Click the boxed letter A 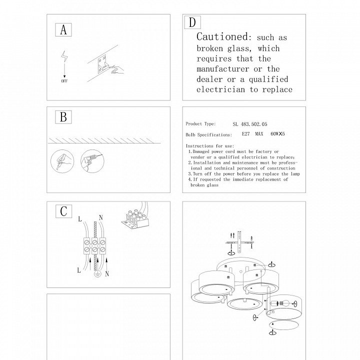(63, 30)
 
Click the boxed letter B (63, 117)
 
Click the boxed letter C (63, 211)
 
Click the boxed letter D (192, 22)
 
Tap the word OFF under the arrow (64, 80)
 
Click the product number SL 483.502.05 (250, 123)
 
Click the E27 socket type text (245, 134)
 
